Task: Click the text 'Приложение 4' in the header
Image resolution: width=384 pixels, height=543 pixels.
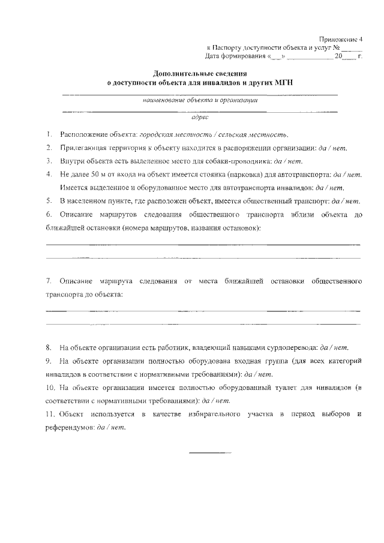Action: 341,38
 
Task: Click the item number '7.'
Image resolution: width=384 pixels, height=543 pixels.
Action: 48,281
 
